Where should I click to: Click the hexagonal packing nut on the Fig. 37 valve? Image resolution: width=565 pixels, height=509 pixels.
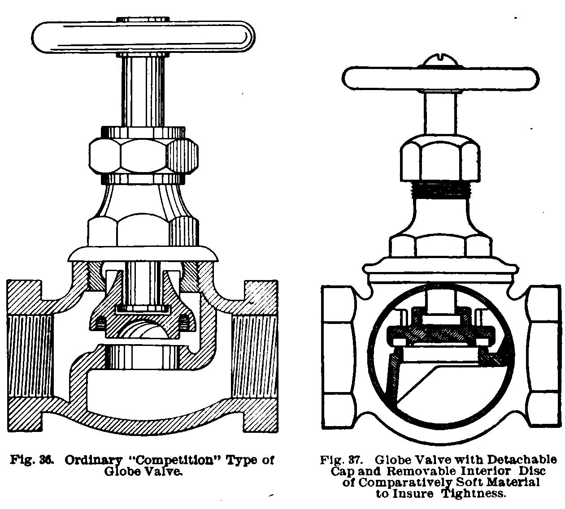click(x=439, y=159)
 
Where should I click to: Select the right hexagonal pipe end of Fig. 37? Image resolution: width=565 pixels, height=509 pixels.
click(x=543, y=356)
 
